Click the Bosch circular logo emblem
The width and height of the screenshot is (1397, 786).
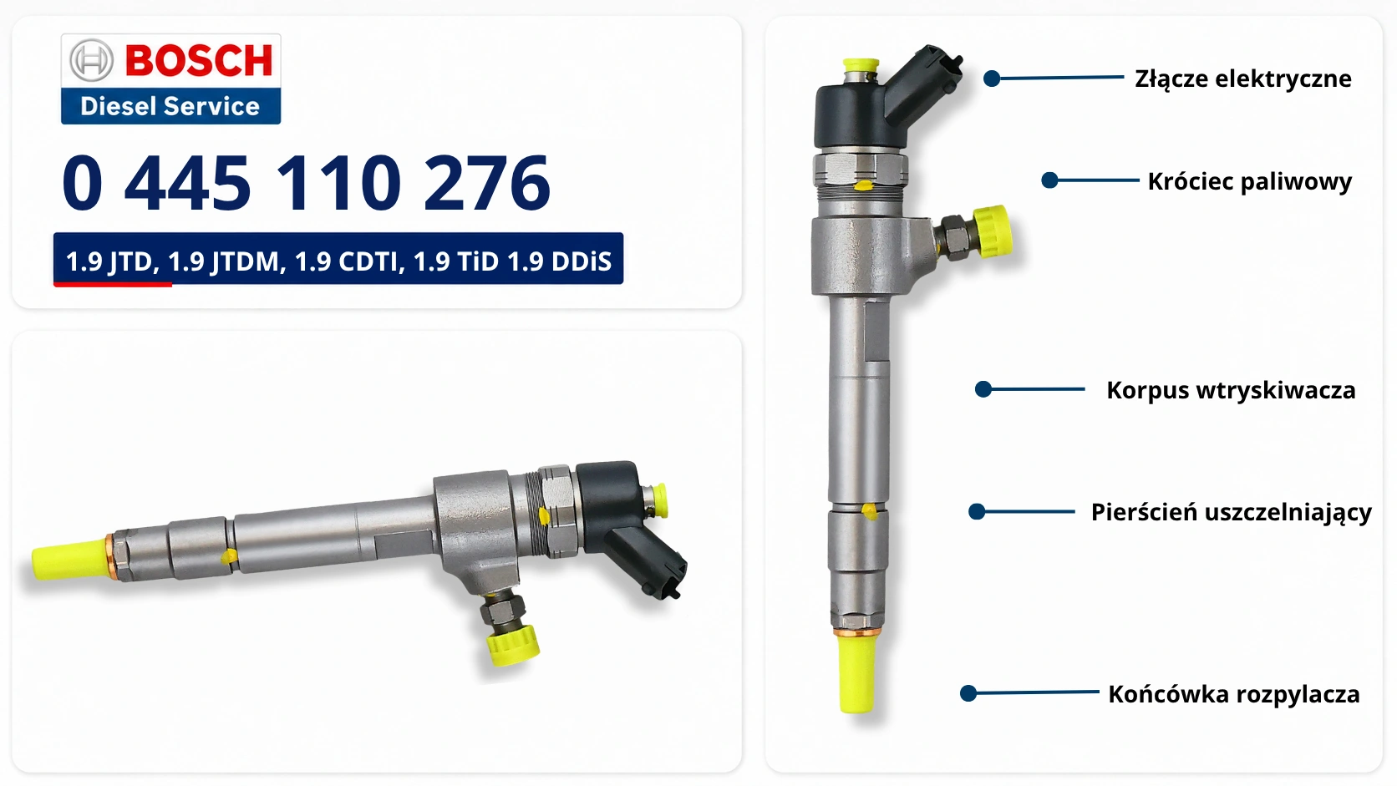(91, 60)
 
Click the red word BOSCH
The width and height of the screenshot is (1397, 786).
(199, 60)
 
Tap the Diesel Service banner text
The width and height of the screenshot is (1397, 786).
(170, 106)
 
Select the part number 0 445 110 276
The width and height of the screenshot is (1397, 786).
(306, 183)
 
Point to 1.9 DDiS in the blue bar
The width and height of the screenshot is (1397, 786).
(560, 261)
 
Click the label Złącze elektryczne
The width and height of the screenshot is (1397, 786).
(1243, 79)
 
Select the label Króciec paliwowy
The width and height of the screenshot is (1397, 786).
(1250, 181)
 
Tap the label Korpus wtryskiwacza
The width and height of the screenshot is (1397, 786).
(1231, 390)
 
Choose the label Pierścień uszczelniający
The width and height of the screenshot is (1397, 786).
(1231, 512)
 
